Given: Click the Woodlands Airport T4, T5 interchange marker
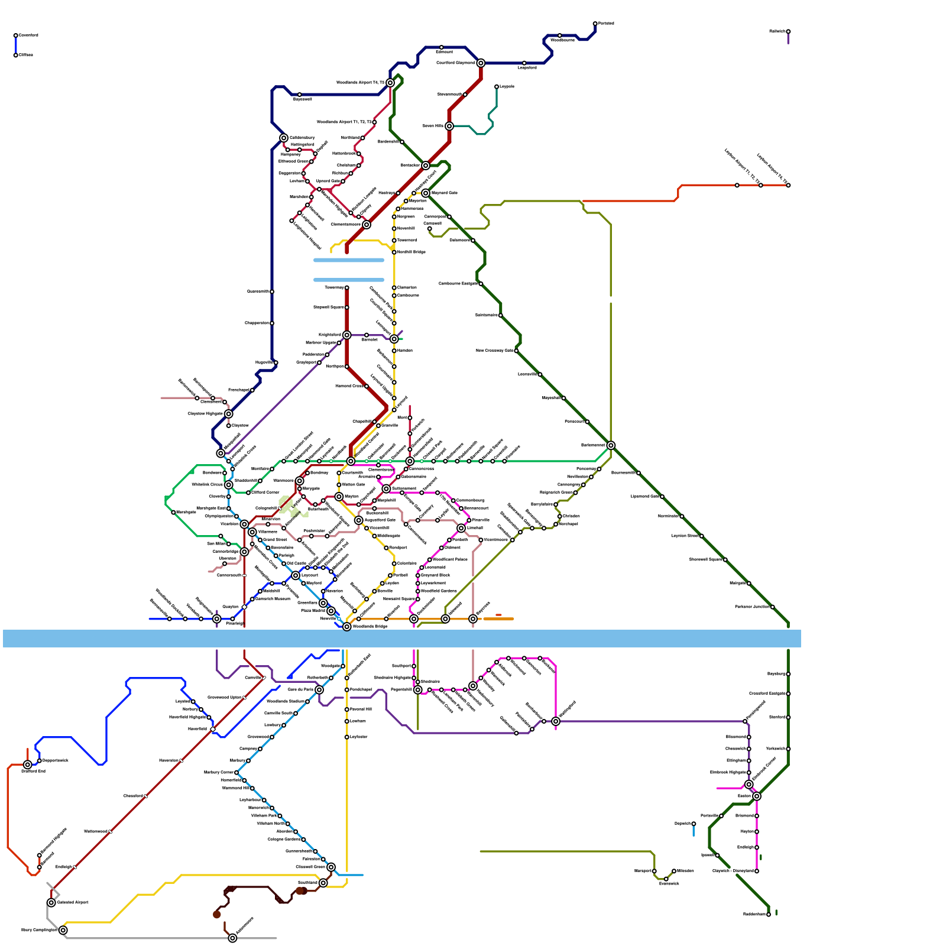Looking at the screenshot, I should coord(390,83).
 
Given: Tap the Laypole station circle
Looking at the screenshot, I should coord(497,87).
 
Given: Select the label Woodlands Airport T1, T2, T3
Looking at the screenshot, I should coord(344,122).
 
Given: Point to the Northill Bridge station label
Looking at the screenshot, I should coord(412,252).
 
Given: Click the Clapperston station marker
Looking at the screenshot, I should coord(272,323).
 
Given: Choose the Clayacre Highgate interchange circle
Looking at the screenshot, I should coord(229,414).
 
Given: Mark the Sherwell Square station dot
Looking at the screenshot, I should coord(725,560).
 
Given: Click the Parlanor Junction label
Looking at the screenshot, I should coord(752,607).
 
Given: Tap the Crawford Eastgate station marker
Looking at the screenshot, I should coord(788,694).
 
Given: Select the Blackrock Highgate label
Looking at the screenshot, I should coord(728,773).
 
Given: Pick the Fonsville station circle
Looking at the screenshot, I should coord(721,816).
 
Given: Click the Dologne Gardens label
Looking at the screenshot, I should coord(284,840).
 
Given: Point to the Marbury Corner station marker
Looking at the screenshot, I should coord(237,773).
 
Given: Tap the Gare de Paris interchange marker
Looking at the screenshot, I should coord(319,690).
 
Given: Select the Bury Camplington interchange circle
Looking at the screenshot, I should coord(63,930).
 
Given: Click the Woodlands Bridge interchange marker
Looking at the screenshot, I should coord(347,627).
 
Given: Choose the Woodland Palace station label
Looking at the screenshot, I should coord(450,559).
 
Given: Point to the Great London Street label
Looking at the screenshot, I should coord(299,446).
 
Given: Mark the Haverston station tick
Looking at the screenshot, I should coord(182,761).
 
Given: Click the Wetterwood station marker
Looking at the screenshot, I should coord(111,832).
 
